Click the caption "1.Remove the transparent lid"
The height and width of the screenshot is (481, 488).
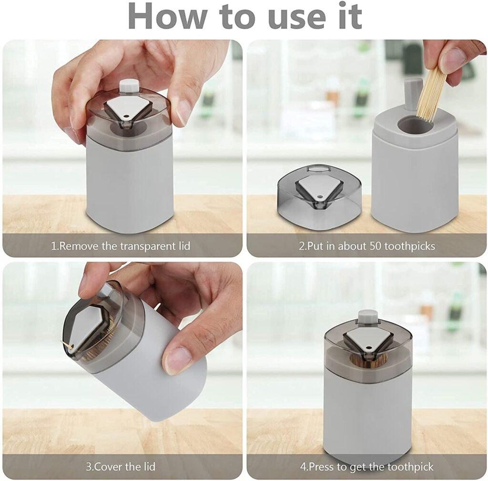coord(121,246)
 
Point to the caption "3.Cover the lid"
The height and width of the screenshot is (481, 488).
coord(121,466)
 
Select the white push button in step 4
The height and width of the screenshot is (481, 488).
coord(367,316)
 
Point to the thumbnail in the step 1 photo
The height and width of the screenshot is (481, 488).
coord(185,110)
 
